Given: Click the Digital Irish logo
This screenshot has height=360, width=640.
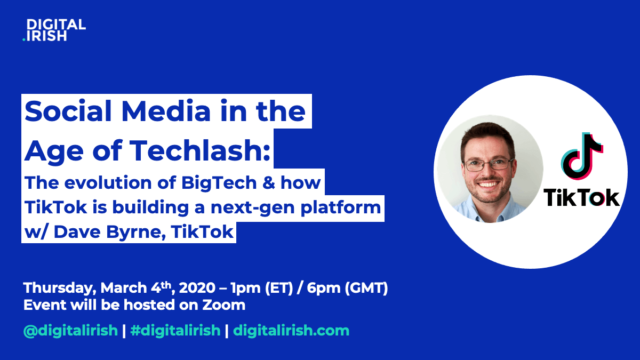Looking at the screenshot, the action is click(54, 30).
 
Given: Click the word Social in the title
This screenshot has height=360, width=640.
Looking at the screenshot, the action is click(68, 111).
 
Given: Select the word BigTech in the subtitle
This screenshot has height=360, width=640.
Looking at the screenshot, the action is click(219, 182).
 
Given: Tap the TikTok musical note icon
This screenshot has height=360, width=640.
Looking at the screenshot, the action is click(582, 156).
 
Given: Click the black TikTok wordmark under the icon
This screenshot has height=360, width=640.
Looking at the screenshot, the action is click(581, 197).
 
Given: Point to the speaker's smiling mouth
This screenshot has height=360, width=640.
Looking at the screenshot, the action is click(488, 185).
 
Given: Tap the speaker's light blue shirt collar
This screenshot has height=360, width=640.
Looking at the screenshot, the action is click(489, 210).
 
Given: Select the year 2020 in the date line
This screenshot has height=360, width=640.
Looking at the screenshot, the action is click(197, 287).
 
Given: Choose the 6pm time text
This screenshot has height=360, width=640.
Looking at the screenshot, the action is click(323, 288).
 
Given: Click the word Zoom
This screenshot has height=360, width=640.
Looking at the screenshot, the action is click(223, 305).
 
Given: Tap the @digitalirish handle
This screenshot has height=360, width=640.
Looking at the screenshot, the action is click(70, 331).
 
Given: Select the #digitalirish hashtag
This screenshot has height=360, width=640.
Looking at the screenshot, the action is click(175, 331).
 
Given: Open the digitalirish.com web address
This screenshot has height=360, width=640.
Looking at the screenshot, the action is click(291, 331).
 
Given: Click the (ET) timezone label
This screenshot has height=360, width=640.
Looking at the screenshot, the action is click(279, 288).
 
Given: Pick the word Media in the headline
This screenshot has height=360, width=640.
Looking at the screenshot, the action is click(166, 111).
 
